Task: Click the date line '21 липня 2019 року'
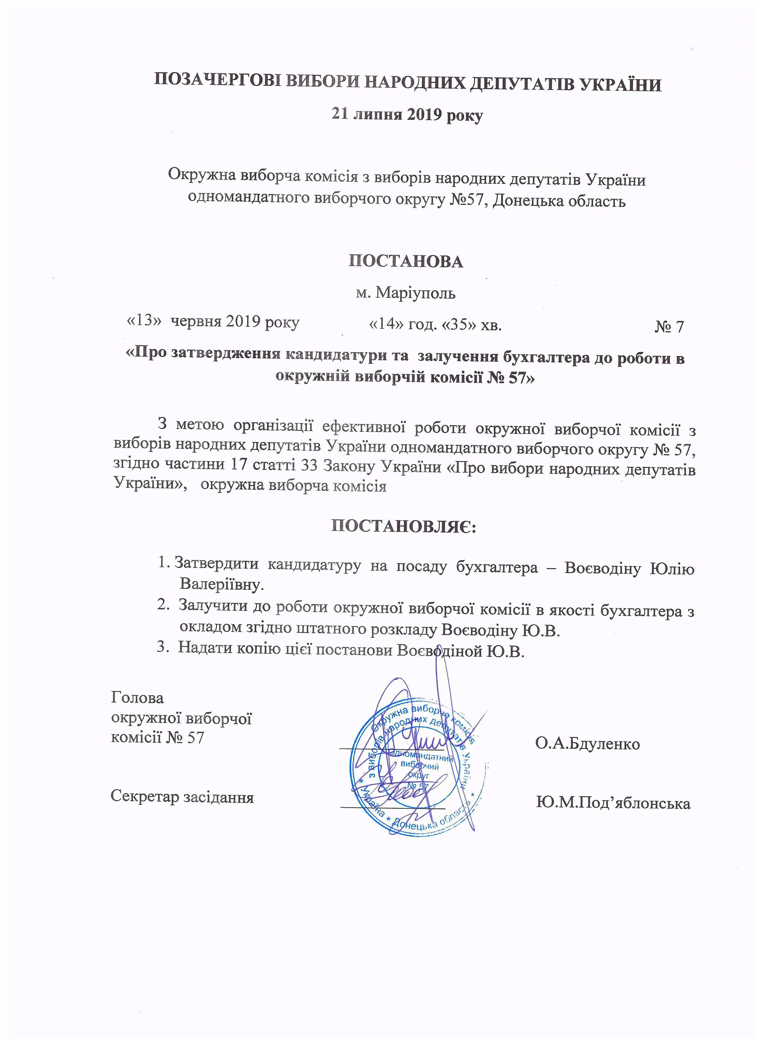(x=407, y=115)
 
